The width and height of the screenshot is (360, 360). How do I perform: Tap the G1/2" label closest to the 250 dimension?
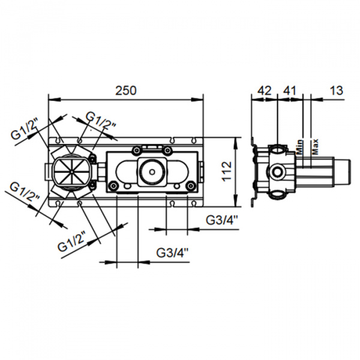(100, 118)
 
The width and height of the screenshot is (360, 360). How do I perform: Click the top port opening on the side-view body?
(278, 149)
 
